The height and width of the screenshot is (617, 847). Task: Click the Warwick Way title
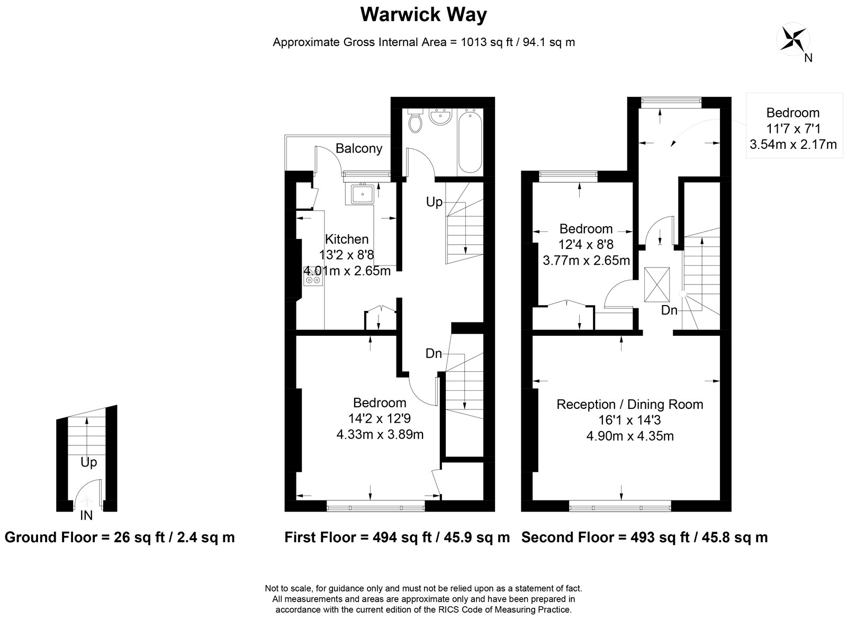pyautogui.click(x=423, y=15)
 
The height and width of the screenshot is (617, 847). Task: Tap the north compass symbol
pyautogui.click(x=792, y=39)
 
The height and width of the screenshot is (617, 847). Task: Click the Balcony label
pyautogui.click(x=359, y=148)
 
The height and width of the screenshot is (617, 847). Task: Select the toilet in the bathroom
pyautogui.click(x=416, y=121)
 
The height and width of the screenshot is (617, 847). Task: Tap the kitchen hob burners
pyautogui.click(x=313, y=276)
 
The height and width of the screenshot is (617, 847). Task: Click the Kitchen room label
pyautogui.click(x=347, y=239)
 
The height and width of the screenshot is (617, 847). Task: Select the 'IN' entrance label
pyautogui.click(x=86, y=515)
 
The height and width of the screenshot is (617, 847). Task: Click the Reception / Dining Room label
pyautogui.click(x=630, y=405)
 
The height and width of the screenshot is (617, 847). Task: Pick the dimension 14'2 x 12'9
pyautogui.click(x=380, y=418)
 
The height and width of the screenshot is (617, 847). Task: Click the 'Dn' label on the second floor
pyautogui.click(x=669, y=310)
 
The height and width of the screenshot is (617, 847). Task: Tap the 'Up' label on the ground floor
pyautogui.click(x=88, y=462)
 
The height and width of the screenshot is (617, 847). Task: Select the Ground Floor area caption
pyautogui.click(x=120, y=538)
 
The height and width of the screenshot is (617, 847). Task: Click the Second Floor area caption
pyautogui.click(x=644, y=538)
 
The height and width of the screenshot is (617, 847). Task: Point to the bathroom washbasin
pyautogui.click(x=440, y=118)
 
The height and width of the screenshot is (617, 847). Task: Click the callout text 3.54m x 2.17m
pyautogui.click(x=793, y=144)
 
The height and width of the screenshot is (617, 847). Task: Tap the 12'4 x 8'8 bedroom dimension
pyautogui.click(x=586, y=245)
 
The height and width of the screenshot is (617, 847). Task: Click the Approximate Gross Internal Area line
pyautogui.click(x=424, y=42)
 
